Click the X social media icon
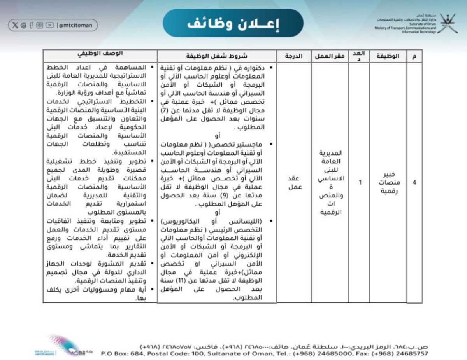(15, 26)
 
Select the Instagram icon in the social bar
(40, 26)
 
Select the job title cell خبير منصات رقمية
(388, 182)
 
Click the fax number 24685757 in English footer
(411, 354)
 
